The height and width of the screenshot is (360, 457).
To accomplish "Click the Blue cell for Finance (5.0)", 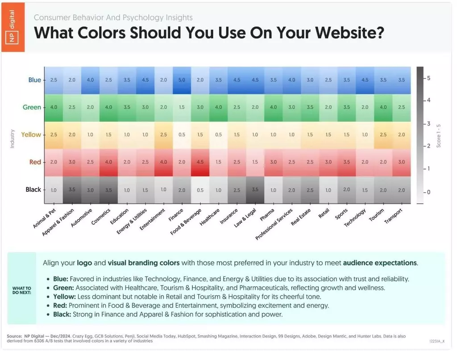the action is coord(182,80).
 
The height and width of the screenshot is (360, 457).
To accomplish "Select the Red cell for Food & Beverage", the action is coord(200,162).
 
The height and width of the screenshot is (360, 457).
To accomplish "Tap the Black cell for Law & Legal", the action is coord(255,190).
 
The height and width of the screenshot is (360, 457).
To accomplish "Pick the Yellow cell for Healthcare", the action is coord(219,135).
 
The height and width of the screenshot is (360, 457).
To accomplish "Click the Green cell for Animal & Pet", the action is coord(54,108).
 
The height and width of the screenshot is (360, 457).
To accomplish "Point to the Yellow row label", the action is coord(31,135).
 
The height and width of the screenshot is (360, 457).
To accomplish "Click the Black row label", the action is coord(33,189).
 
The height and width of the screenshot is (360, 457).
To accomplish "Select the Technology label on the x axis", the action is coord(355,218).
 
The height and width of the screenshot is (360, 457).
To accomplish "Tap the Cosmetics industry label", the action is coord(101,216).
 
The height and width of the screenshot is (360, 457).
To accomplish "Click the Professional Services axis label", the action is coord(274,224).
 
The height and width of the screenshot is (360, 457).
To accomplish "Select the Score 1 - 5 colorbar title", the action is coord(439,136).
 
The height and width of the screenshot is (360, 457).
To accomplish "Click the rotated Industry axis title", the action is coord(12,139).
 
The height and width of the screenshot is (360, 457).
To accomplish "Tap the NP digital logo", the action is coord(13,27).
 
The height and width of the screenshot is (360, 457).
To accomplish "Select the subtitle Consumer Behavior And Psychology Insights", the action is coord(113,17).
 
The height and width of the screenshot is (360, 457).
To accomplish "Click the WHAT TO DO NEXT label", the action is coord(21,290).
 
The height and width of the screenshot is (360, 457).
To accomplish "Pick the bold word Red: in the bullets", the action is coord(60,306).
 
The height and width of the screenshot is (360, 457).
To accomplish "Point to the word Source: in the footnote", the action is coord(14,336).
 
